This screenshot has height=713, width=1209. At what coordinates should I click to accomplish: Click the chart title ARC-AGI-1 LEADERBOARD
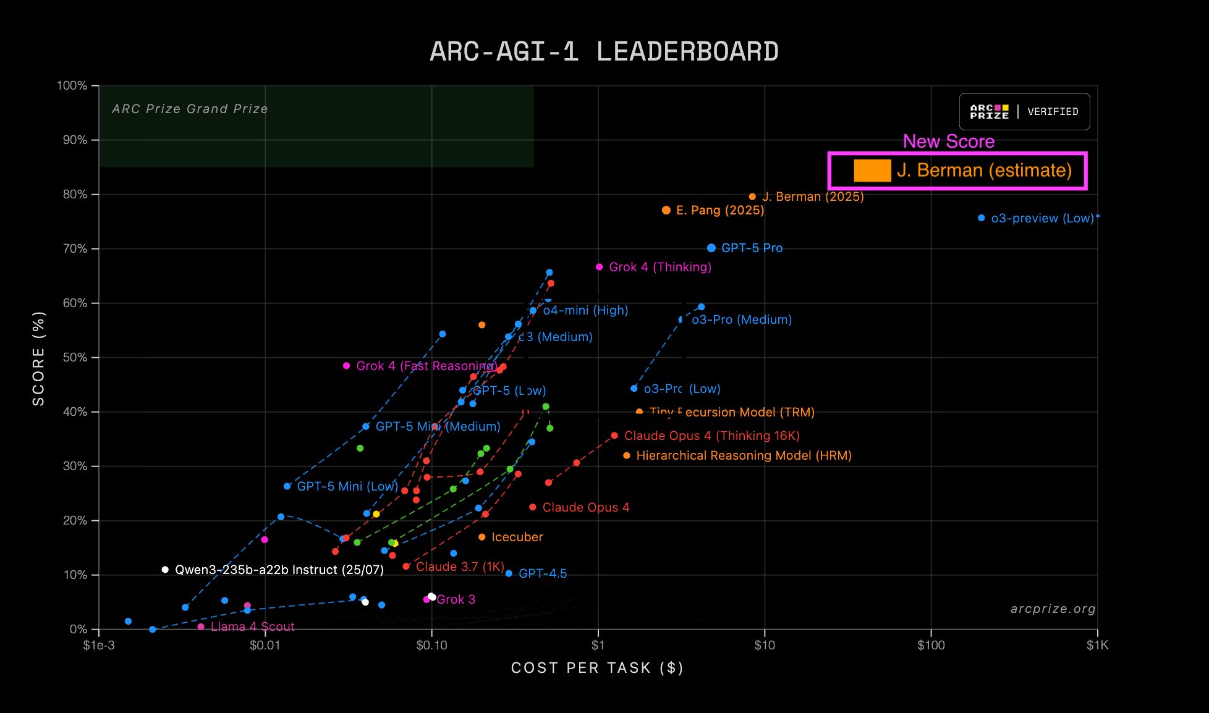[x=604, y=52]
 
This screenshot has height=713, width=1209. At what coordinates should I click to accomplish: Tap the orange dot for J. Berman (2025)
[x=752, y=197]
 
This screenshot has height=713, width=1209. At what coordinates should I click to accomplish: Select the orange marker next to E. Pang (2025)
[x=666, y=211]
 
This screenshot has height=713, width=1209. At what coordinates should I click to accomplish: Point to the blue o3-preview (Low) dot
[x=981, y=218]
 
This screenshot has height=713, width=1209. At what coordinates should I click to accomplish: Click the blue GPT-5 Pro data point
[x=711, y=248]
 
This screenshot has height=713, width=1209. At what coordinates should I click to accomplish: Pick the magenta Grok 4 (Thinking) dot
[x=599, y=267]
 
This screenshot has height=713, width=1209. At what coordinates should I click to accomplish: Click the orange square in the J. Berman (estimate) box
[x=872, y=171]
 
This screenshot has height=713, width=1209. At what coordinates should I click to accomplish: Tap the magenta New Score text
[x=948, y=141]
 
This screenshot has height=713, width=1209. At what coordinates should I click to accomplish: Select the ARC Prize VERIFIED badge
[x=1024, y=112]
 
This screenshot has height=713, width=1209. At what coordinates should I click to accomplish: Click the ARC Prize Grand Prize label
[x=190, y=109]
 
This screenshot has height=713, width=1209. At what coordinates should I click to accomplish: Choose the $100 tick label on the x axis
[x=930, y=646]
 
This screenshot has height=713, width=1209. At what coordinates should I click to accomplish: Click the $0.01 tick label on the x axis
[x=265, y=646]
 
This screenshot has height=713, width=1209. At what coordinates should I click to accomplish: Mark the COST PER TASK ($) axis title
[x=597, y=668]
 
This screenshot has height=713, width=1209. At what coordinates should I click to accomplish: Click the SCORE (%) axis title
[x=39, y=358]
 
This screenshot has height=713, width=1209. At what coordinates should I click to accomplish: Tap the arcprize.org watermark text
[x=1053, y=609]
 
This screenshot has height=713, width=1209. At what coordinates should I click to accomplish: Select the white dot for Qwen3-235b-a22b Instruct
[x=165, y=570]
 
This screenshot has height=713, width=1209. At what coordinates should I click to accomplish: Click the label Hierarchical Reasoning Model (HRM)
[x=744, y=455]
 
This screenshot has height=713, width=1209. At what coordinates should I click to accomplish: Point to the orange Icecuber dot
[x=481, y=537]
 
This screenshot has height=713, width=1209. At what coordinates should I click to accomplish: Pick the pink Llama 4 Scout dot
[x=201, y=627]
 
